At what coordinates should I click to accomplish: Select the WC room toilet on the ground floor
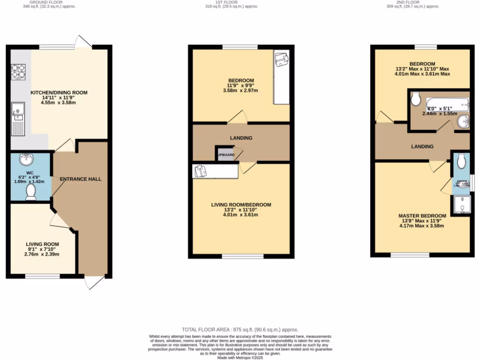(31, 192)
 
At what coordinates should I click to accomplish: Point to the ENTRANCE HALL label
(81, 179)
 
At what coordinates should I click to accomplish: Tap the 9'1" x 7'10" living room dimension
(42, 249)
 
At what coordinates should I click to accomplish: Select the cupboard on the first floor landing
(225, 154)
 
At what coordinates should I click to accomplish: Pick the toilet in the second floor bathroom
(416, 99)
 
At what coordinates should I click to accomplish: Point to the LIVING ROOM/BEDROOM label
(241, 205)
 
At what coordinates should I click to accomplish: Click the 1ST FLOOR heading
(225, 2)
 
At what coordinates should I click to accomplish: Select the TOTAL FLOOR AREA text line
(240, 330)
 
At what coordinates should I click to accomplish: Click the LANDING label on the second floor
(422, 147)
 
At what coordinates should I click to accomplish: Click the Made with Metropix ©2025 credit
(240, 358)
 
